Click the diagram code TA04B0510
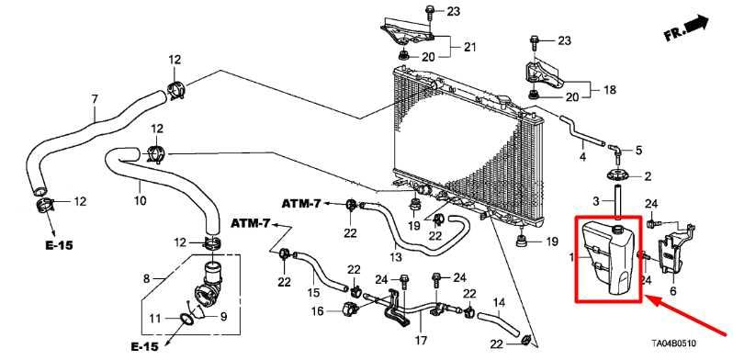673,343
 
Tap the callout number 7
95,99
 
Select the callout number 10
141,200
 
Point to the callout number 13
396,256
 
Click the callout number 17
421,340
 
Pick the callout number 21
469,47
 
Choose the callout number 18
610,90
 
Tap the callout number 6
673,291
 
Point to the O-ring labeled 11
186,320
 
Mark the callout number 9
223,317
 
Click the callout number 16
318,310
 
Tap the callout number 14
500,302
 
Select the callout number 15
313,293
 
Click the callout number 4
582,157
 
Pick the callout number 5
638,150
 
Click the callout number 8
146,279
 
